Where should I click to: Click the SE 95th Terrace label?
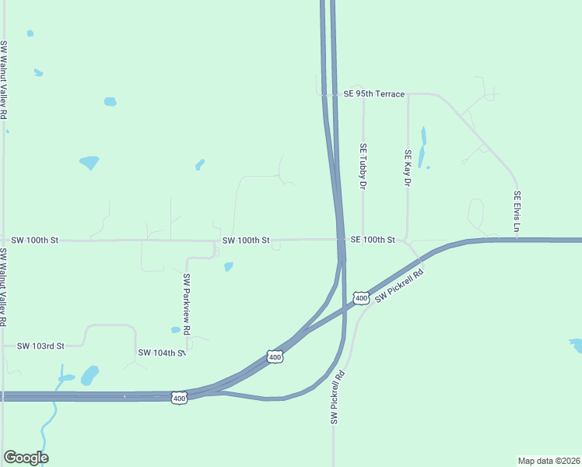pos(374,94)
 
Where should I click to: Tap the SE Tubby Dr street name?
pos(363,167)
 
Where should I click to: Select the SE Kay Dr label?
pos(407,168)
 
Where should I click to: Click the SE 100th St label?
pos(373,241)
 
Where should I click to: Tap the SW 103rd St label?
pos(40,345)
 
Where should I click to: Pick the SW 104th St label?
pos(162,353)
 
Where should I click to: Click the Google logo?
pos(26,458)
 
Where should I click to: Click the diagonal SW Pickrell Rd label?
pos(399,286)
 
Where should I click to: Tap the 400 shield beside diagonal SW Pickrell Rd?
pos(360,298)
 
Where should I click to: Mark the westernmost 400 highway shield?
pos(180,398)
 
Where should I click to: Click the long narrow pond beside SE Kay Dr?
pos(422,146)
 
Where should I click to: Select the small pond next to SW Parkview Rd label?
pos(228,267)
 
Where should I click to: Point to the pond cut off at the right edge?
pos(577,345)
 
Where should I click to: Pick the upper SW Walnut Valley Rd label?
pos(5,79)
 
